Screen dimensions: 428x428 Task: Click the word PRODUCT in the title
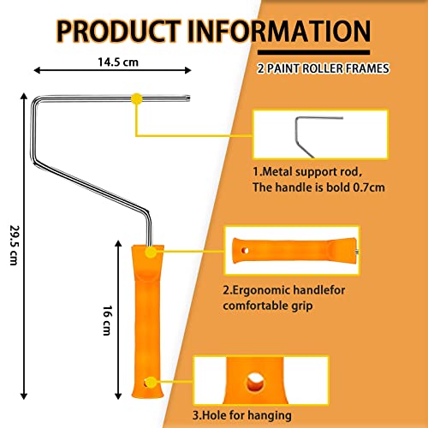click(x=118, y=31)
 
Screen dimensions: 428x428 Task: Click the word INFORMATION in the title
click(x=279, y=31)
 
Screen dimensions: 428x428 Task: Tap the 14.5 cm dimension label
click(x=118, y=62)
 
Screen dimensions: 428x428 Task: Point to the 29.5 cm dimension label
click(x=15, y=246)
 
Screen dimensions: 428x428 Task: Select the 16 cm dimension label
click(x=107, y=320)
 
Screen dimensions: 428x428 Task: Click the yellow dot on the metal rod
click(x=137, y=98)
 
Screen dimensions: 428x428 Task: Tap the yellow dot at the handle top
click(x=151, y=253)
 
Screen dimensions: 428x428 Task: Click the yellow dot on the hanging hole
click(x=152, y=383)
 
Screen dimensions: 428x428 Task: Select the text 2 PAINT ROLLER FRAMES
click(x=323, y=68)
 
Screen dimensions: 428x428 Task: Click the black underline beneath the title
click(x=313, y=52)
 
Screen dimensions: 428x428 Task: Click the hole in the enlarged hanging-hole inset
click(x=255, y=383)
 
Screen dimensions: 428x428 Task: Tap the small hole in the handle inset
click(x=245, y=251)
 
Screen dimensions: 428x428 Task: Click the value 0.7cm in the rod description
click(x=369, y=187)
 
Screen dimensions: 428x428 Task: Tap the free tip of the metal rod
click(x=189, y=98)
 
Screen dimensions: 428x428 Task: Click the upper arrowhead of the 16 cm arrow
click(x=118, y=243)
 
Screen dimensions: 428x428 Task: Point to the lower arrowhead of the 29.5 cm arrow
click(x=24, y=396)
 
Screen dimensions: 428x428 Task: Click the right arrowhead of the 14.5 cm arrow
click(x=188, y=70)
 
